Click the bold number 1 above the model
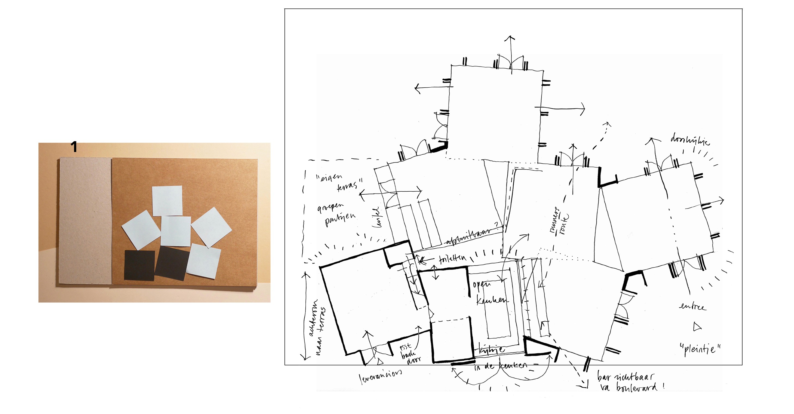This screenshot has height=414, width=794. [x=74, y=147]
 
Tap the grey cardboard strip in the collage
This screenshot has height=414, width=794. [x=85, y=221]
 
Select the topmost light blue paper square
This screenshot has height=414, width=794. [x=167, y=201]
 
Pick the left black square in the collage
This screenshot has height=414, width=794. [x=139, y=265]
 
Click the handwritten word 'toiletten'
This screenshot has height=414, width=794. [x=452, y=258]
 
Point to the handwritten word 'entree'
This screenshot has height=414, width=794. [x=692, y=307]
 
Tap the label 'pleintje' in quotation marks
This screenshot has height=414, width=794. [x=700, y=349]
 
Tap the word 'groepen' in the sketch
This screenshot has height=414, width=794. [x=330, y=207]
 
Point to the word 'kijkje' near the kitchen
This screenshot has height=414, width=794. [x=492, y=349]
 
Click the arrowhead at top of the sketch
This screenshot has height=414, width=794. [x=511, y=38]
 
